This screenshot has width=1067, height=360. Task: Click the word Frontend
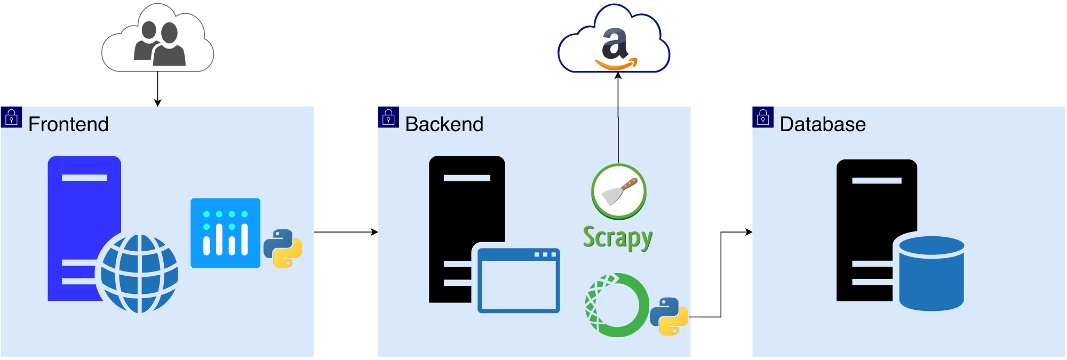pos(68,124)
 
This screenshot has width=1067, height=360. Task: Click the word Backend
pos(444,124)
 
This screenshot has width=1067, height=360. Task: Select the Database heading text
pos(822,124)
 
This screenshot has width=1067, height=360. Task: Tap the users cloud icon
pos(158,40)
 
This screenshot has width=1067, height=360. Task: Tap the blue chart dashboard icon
pos(225,233)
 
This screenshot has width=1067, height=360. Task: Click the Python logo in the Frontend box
pos(283,248)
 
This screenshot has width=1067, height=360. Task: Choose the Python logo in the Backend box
pos(669,316)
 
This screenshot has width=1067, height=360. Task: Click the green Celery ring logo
pos(617,305)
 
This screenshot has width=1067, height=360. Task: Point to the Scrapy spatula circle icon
pos(619,191)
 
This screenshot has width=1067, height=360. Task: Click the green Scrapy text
pos(617,237)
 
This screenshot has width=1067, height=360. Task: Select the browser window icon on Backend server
pos(518,280)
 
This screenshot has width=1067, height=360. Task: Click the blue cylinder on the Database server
pos(931,273)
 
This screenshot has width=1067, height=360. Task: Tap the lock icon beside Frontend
pos(11,117)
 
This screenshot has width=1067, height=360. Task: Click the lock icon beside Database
pos(763,117)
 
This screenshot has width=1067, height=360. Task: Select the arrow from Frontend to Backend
pos(346,232)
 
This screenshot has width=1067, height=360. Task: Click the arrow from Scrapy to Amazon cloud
pos(618,117)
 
